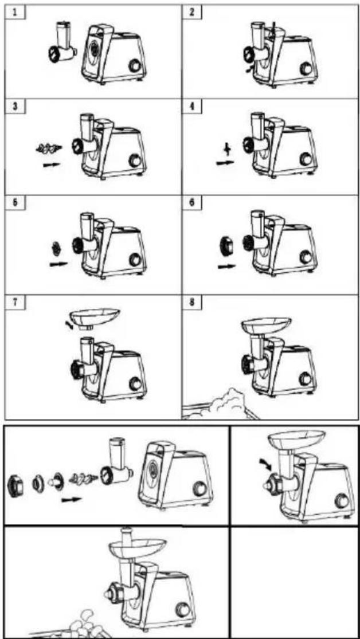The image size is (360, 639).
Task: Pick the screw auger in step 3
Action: pyautogui.click(x=49, y=149)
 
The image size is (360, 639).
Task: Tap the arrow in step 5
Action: pyautogui.click(x=58, y=264)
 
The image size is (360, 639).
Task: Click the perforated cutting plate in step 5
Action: pyautogui.click(x=56, y=247)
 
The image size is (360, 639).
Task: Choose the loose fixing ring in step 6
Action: pyautogui.click(x=225, y=246)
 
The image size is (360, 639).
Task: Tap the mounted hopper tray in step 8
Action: pyautogui.click(x=266, y=325)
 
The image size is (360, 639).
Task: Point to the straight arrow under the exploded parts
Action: pyautogui.click(x=71, y=499)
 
